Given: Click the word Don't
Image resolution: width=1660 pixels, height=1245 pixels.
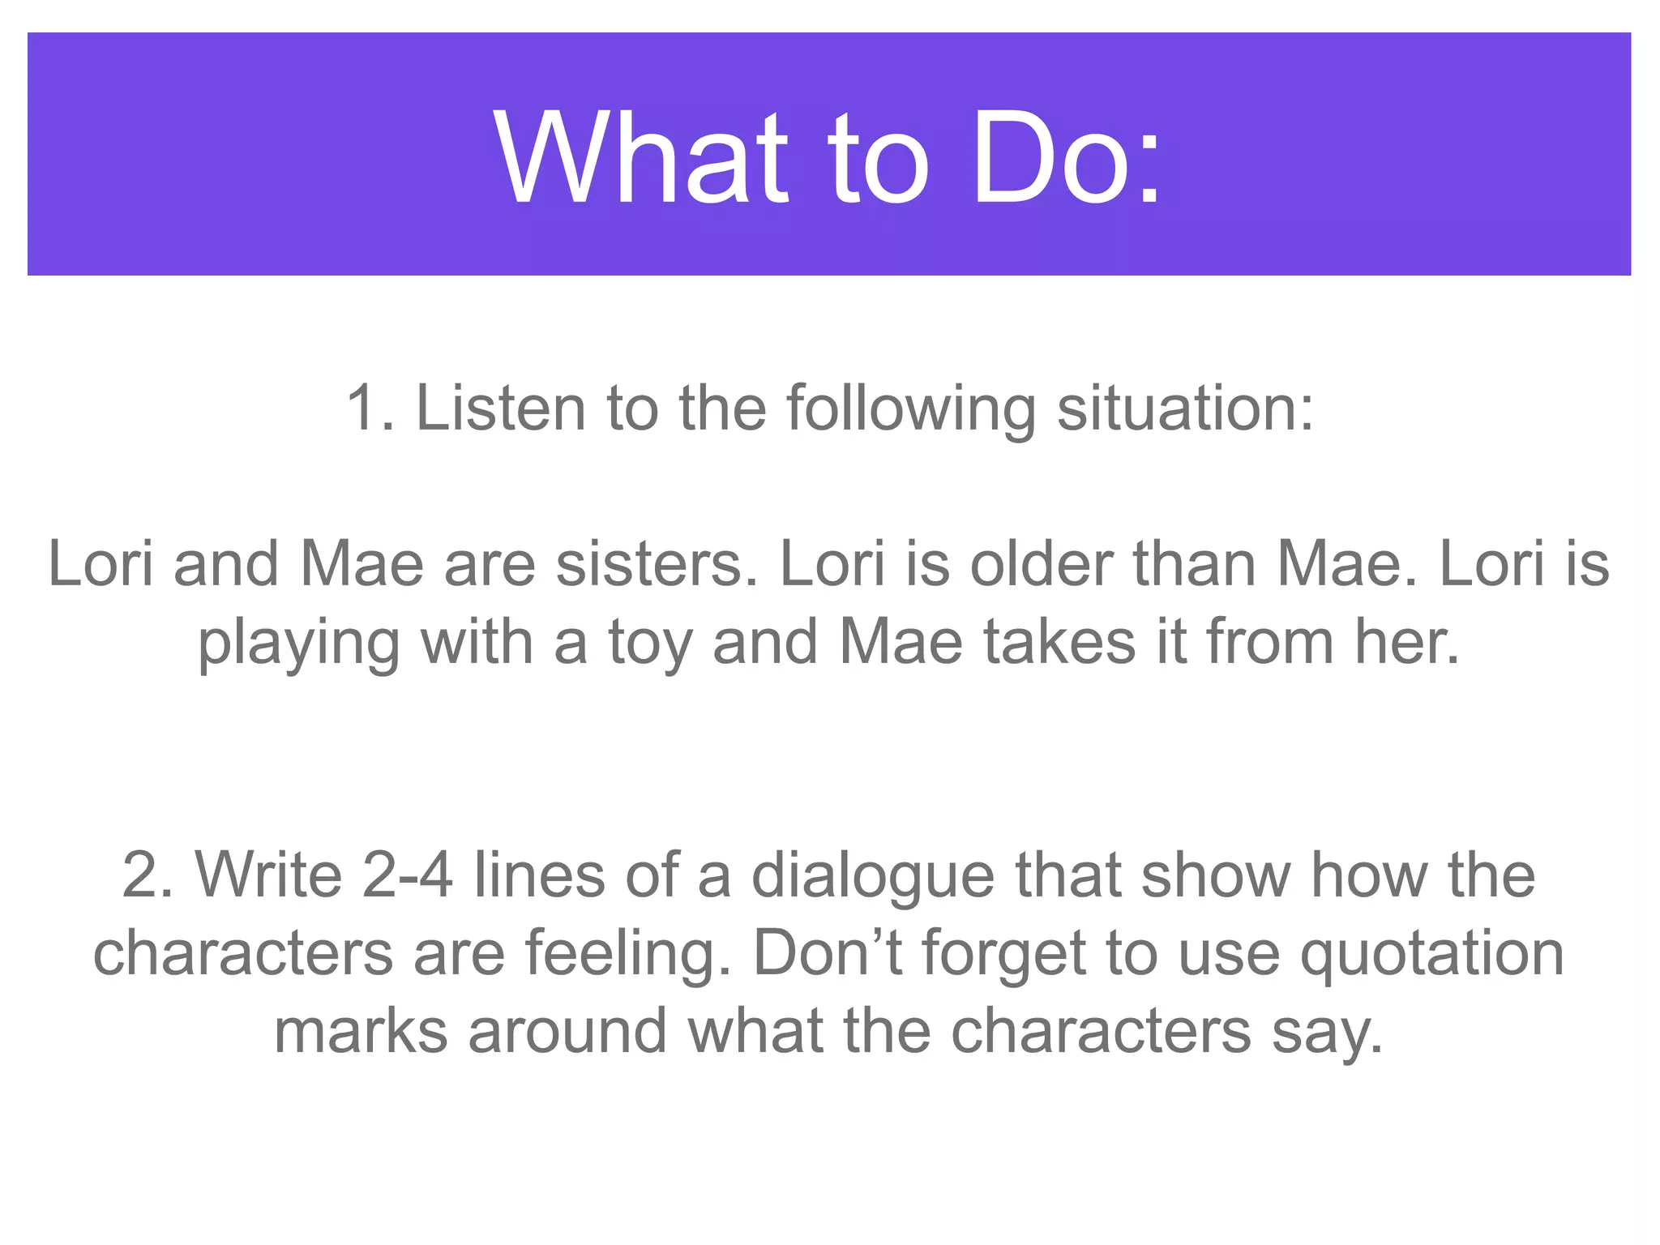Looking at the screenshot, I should pyautogui.click(x=828, y=952).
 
